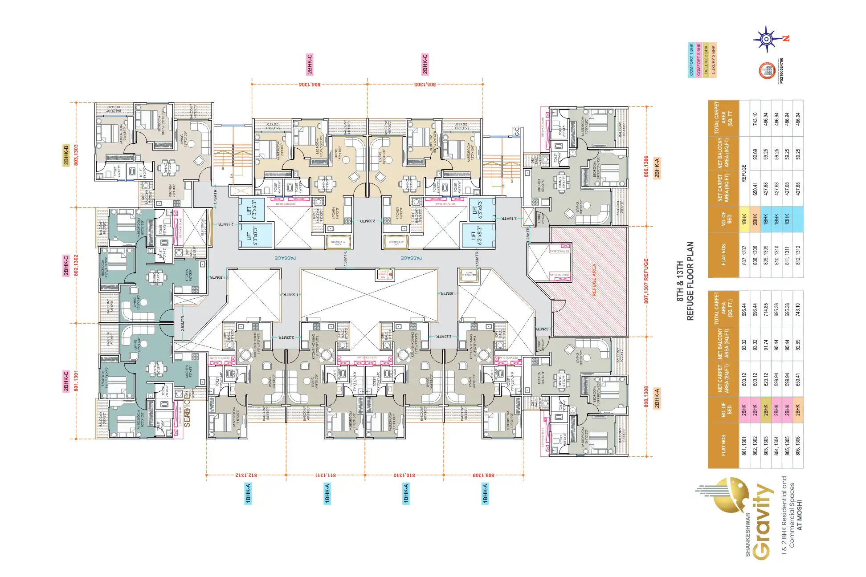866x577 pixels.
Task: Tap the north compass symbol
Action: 766,39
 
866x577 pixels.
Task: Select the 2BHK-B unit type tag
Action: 66,155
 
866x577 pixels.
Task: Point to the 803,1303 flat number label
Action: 76,155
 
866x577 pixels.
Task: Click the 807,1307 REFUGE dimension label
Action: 646,281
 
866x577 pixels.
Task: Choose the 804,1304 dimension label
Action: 309,84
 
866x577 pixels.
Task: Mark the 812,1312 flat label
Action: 246,475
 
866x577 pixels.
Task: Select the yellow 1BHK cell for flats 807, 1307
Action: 744,219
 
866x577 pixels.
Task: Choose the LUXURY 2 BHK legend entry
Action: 713,60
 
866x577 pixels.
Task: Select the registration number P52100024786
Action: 781,70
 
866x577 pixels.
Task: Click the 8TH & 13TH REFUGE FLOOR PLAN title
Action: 685,281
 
